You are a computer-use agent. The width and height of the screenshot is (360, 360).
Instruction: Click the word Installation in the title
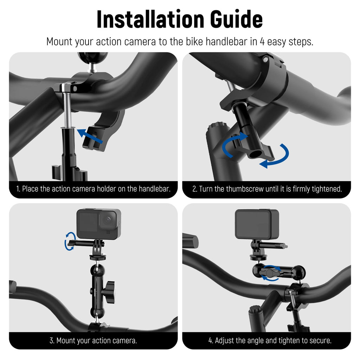tap(150, 19)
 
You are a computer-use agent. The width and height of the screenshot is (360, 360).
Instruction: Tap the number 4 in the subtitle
tap(262, 42)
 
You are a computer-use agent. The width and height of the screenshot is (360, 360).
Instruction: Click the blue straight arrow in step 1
tap(90, 136)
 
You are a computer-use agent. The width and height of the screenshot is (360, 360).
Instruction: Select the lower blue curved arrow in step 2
tap(275, 156)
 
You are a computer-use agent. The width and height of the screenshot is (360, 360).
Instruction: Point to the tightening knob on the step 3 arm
tap(109, 292)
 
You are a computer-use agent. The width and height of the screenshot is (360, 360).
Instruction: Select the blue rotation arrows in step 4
tap(271, 273)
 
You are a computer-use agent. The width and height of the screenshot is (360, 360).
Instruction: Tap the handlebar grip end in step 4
tap(190, 240)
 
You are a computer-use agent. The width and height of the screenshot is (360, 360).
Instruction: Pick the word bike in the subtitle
tap(195, 42)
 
